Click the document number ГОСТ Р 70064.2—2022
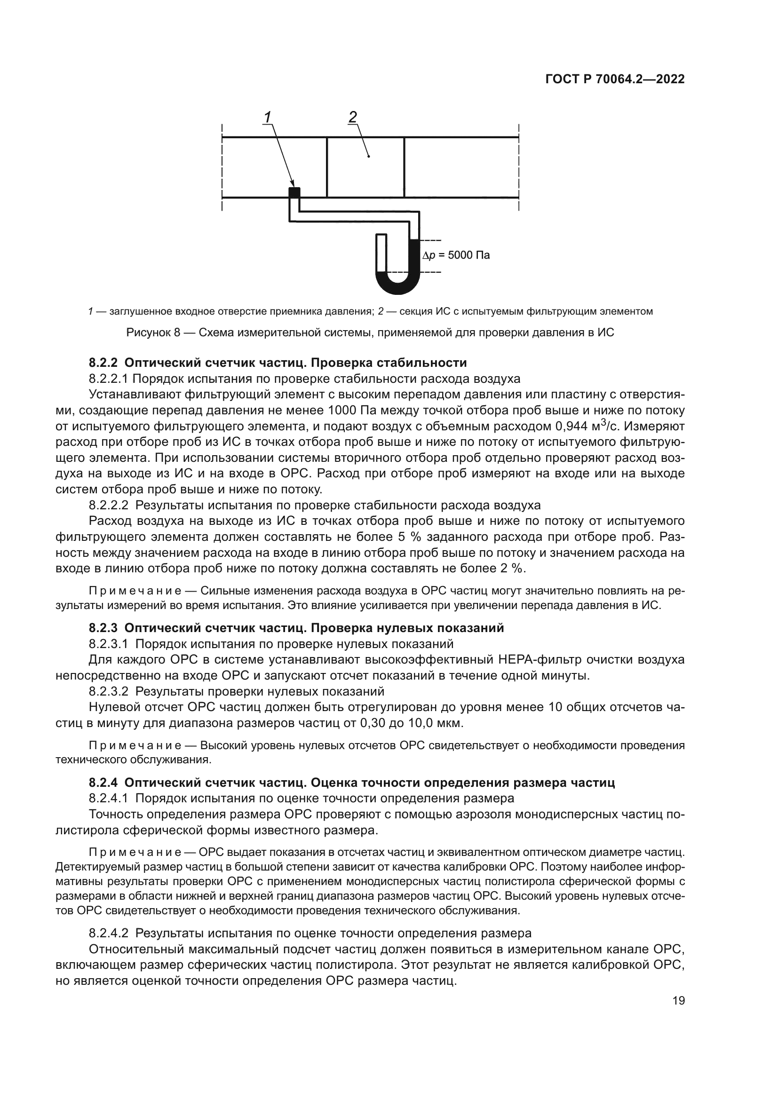click(x=615, y=79)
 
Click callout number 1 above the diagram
click(x=267, y=117)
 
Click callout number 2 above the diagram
click(x=353, y=117)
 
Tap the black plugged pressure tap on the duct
click(x=294, y=193)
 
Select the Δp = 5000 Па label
click(x=456, y=255)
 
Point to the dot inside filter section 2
click(x=368, y=156)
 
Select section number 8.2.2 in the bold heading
click(x=103, y=362)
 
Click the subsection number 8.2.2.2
click(x=109, y=505)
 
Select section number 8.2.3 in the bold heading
click(x=103, y=628)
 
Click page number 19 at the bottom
click(x=678, y=1001)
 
